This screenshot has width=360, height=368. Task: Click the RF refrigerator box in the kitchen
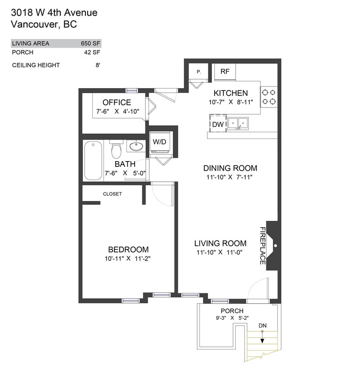pos(225,72)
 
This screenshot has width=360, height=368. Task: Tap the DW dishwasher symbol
pos(217,123)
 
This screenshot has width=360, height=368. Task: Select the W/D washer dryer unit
pos(159,142)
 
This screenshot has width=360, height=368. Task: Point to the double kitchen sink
pos(238,123)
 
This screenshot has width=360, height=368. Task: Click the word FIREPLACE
pos(262,246)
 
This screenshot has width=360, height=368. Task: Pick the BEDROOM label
pos(128,250)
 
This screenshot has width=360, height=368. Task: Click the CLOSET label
pos(112,194)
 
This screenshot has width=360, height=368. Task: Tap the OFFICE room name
pos(117,103)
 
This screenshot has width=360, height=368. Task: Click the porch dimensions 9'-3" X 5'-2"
pos(232,318)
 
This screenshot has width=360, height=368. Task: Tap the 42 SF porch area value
pos(92,52)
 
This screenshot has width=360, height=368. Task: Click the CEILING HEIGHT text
pos(36,65)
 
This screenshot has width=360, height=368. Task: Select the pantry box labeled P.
pos(198,72)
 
